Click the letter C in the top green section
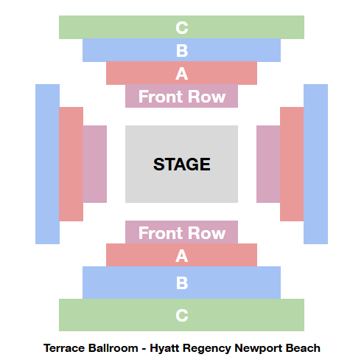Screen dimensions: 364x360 (x=182, y=27)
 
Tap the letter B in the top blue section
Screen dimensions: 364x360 (x=182, y=51)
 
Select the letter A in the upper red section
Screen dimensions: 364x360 (x=182, y=74)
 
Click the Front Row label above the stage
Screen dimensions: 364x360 (x=182, y=97)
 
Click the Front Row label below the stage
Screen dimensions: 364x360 (x=182, y=233)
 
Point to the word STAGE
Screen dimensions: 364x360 (x=182, y=165)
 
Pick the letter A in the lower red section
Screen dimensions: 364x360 (x=182, y=256)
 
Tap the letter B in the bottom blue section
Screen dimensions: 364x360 (x=182, y=283)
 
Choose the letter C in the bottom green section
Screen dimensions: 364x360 (x=182, y=315)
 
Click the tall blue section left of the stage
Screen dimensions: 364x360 (x=47, y=164)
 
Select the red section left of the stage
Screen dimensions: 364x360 (x=71, y=164)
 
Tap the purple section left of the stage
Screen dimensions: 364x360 (x=94, y=164)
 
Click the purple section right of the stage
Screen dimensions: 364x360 (x=268, y=164)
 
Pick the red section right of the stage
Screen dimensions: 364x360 (x=292, y=164)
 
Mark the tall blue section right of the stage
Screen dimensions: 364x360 (x=315, y=164)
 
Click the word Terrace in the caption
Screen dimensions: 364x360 (x=64, y=348)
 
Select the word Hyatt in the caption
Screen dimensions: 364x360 (x=165, y=349)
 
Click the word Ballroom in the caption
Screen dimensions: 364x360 (x=113, y=348)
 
